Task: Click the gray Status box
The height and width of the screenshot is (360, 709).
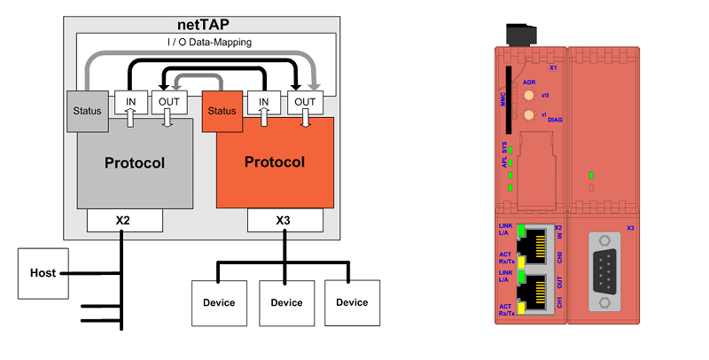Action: pyautogui.click(x=87, y=111)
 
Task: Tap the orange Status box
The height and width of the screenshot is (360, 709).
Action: pyautogui.click(x=223, y=111)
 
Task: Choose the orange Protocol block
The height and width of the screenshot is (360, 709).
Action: pyautogui.click(x=275, y=162)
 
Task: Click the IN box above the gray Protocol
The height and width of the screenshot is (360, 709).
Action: pyautogui.click(x=131, y=103)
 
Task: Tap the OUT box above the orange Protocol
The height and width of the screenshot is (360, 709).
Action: pyautogui.click(x=305, y=103)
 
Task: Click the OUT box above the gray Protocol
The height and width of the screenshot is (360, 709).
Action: pyautogui.click(x=168, y=103)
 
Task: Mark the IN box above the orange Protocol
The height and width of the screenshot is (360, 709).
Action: pyautogui.click(x=263, y=103)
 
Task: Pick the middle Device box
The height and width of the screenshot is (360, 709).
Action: pyautogui.click(x=286, y=302)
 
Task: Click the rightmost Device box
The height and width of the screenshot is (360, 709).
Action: pyautogui.click(x=352, y=302)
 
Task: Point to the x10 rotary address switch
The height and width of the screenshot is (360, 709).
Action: pyautogui.click(x=529, y=94)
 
